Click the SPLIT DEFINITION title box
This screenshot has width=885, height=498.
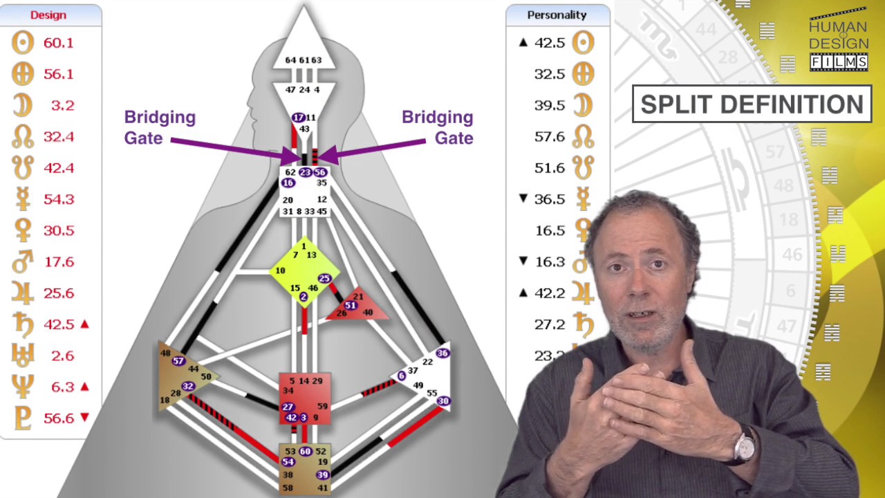[x=752, y=104]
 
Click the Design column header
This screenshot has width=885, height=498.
[x=48, y=15]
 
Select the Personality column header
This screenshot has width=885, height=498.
[x=557, y=15]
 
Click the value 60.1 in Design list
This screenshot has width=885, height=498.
[x=58, y=43]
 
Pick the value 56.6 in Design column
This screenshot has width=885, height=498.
[x=58, y=417]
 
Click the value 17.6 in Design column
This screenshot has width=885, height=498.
[x=58, y=261]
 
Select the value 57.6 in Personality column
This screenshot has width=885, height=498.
[x=550, y=136]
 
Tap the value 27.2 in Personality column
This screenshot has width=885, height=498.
[x=550, y=324]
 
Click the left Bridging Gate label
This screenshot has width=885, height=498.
[x=160, y=128]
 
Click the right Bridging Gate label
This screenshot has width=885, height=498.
[x=438, y=128]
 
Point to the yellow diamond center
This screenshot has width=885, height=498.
[x=304, y=271]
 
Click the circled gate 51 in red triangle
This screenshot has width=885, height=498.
[x=351, y=306]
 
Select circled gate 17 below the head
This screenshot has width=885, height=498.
[x=298, y=118]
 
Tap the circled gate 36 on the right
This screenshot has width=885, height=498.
[x=442, y=353]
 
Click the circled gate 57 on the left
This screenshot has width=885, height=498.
[x=178, y=361]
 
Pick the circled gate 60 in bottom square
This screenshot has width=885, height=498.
[x=305, y=452]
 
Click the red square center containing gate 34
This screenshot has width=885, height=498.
[x=304, y=398]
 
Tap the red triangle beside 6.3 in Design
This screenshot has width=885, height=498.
[x=85, y=386]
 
